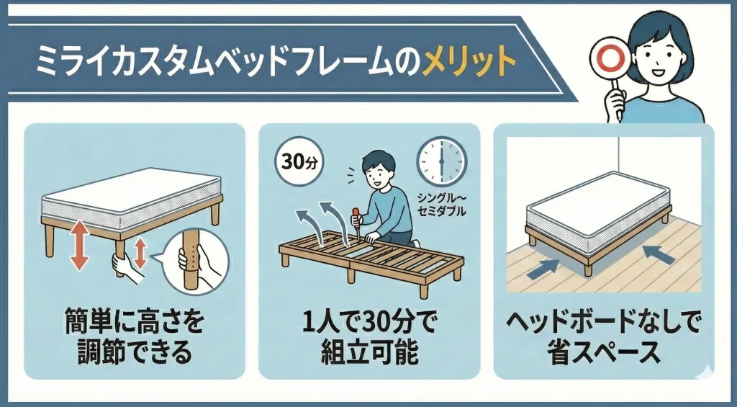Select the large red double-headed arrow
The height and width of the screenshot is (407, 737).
[79, 246]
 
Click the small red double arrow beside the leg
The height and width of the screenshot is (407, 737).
[140, 254]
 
